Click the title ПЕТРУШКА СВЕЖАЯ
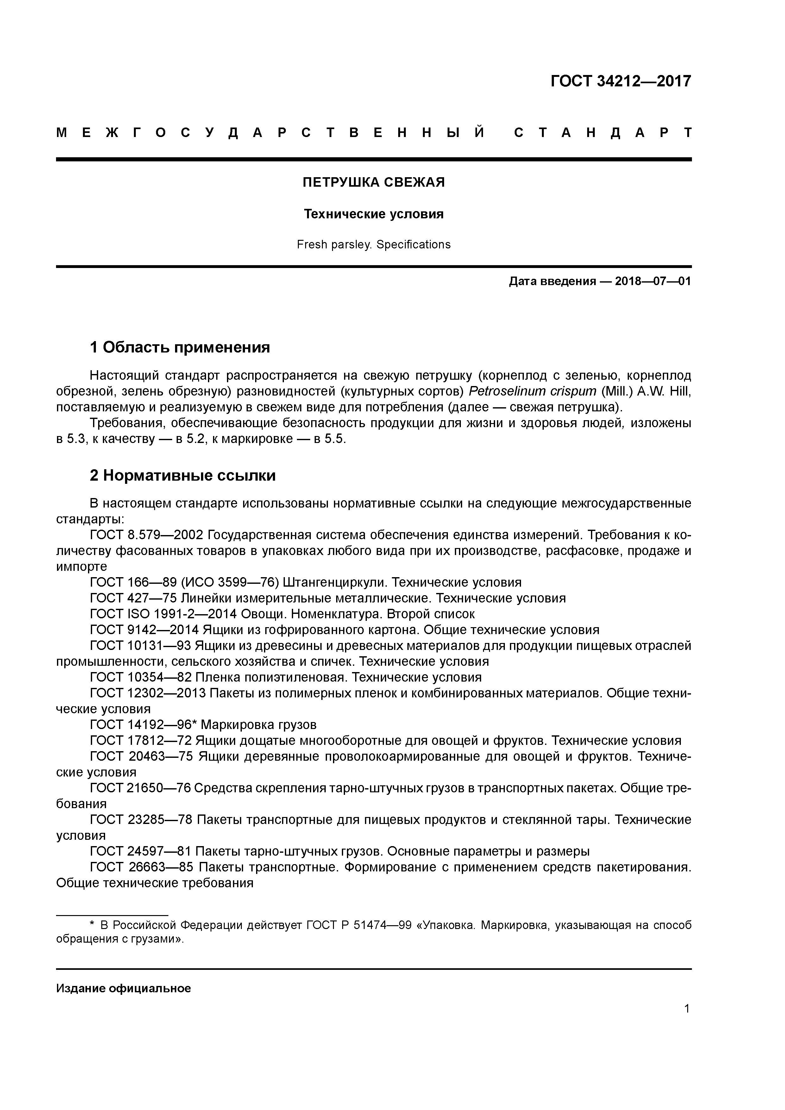tap(374, 182)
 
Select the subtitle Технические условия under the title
tap(374, 214)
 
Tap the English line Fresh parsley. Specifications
tap(374, 245)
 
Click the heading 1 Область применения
tap(180, 347)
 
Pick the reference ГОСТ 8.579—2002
tap(147, 535)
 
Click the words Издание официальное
tap(123, 989)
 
